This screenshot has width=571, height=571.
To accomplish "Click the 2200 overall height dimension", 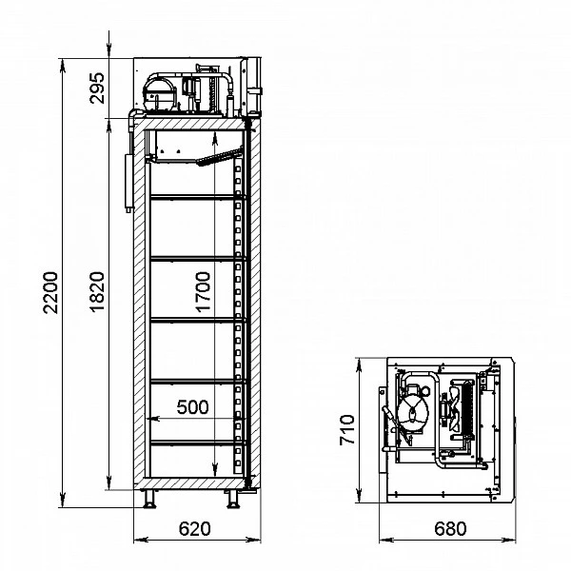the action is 50,292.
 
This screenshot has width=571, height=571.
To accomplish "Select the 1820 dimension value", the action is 97,292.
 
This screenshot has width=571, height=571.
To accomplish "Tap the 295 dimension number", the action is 97,89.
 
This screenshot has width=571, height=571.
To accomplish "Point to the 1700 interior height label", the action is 204,292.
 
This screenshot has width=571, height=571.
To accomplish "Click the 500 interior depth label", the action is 192,406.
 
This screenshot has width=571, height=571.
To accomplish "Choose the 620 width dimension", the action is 195,529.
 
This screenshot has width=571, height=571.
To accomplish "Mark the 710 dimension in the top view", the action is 347,430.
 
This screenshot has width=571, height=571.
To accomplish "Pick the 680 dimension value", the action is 450,529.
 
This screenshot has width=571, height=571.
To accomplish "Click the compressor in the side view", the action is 160,93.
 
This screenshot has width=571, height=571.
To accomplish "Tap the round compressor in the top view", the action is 413,413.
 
